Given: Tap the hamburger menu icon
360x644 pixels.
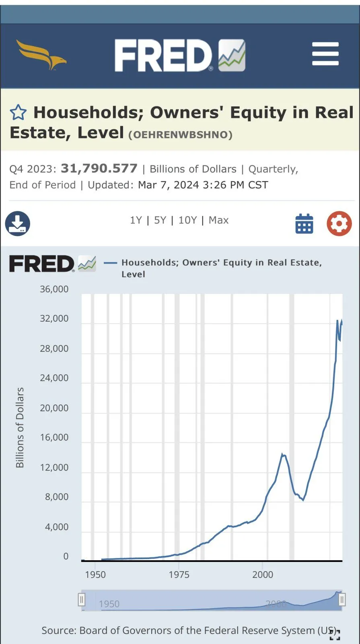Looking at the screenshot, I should (x=325, y=54).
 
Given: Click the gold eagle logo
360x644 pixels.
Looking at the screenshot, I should (x=41, y=54).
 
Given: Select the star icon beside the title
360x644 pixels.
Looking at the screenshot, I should (x=18, y=113).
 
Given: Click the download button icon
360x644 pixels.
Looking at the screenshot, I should (x=18, y=223).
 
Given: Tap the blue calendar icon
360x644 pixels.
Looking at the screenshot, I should (x=304, y=224).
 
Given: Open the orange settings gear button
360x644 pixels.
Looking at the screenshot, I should (x=339, y=223).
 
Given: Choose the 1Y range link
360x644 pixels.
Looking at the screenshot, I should (x=136, y=220).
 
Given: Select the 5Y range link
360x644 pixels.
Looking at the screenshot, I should (x=160, y=220).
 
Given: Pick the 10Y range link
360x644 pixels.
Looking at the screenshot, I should (x=187, y=220).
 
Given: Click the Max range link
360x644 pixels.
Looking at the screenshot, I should (x=218, y=220).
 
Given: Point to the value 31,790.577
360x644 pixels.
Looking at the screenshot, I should (x=99, y=168).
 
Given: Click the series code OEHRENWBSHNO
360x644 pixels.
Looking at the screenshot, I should (x=180, y=135).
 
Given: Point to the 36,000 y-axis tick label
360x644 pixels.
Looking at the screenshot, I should (x=54, y=289).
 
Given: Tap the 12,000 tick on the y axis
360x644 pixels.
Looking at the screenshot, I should (x=54, y=467).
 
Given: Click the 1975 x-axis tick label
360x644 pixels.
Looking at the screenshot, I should (x=179, y=574).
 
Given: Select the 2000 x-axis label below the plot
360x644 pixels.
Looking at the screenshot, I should (x=263, y=574).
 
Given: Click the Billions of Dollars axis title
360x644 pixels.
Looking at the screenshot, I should (x=20, y=427).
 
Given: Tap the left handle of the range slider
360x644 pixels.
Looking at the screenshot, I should (x=82, y=600).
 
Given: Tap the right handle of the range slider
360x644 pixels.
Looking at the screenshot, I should (x=342, y=600).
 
